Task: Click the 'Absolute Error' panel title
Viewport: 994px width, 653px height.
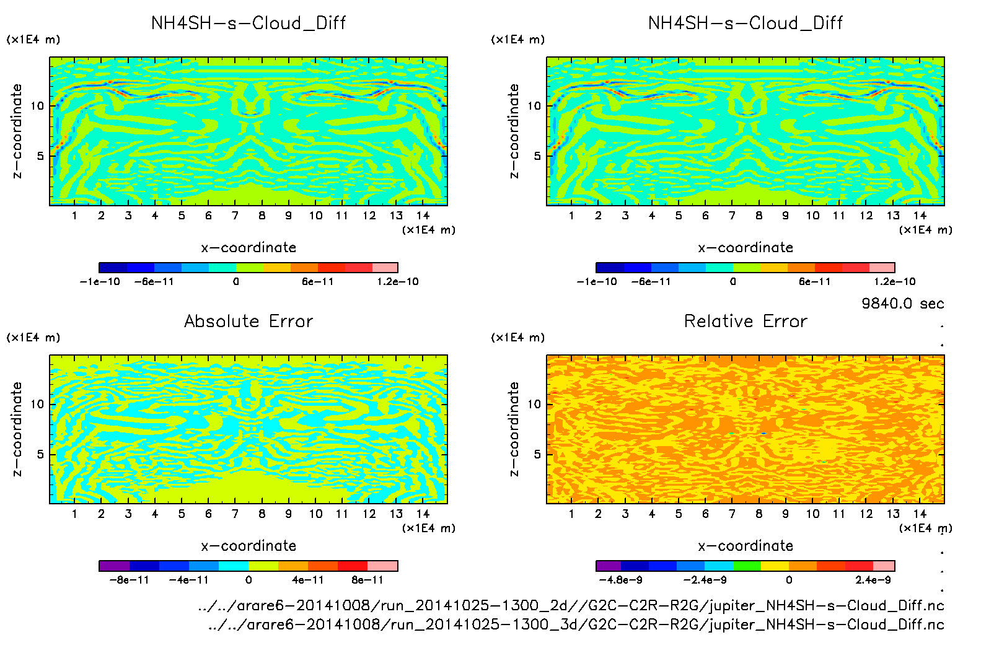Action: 248,321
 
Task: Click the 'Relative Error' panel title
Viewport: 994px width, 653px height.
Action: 745,321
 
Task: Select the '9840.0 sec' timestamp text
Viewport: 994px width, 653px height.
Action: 902,304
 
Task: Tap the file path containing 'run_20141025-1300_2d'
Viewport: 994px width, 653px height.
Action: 570,605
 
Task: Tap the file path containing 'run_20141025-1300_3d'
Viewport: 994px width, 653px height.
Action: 575,625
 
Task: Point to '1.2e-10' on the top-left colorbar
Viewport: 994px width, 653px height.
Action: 398,282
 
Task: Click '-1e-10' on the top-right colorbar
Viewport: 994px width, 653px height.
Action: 597,282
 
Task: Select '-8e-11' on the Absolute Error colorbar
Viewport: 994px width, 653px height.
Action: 130,581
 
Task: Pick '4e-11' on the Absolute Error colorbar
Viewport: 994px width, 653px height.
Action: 308,581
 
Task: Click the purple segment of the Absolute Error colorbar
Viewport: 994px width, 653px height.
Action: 114,566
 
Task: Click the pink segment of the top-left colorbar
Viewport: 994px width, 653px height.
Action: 385,268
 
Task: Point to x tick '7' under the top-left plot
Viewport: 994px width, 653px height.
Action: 235,216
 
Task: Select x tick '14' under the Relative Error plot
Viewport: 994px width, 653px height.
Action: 920,514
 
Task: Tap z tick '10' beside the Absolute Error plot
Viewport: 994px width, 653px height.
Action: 38,404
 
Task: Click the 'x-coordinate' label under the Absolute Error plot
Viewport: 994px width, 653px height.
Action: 248,546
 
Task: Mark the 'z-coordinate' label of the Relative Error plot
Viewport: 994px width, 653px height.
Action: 514,429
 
